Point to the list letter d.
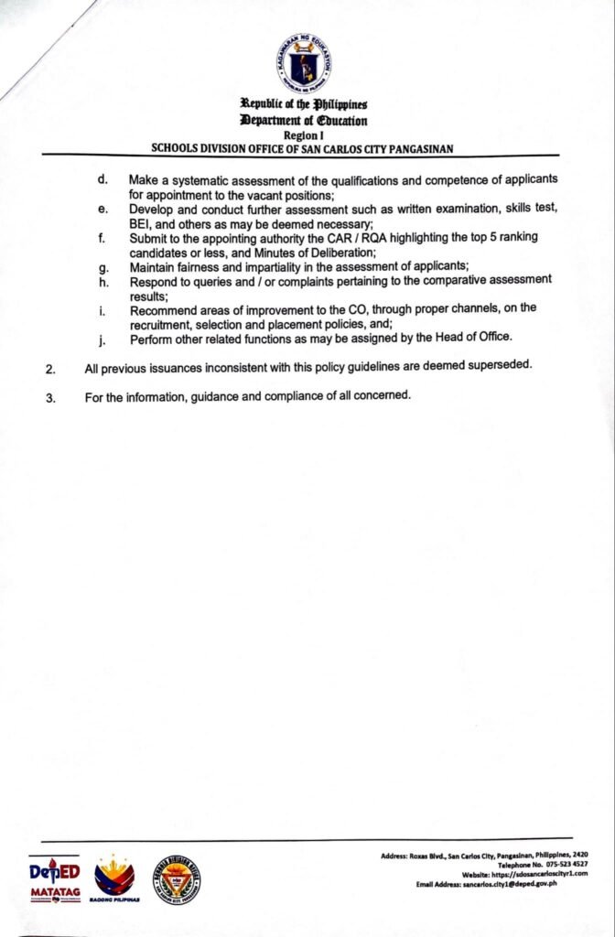pyautogui.click(x=102, y=178)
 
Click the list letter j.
pyautogui.click(x=102, y=339)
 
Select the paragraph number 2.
pyautogui.click(x=51, y=369)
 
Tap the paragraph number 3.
pyautogui.click(x=51, y=397)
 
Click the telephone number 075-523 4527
pyautogui.click(x=556, y=864)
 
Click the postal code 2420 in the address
pyautogui.click(x=579, y=855)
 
